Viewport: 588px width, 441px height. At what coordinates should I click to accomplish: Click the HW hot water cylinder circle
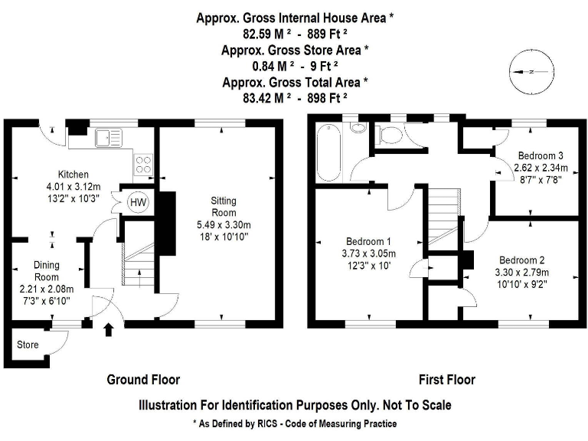(x=139, y=201)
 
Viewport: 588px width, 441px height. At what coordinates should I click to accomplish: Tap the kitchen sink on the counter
(x=106, y=138)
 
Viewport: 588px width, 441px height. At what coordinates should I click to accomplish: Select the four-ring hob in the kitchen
(x=144, y=162)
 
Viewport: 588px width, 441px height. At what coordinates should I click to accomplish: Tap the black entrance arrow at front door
(x=108, y=330)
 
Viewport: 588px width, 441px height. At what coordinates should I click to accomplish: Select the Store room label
(x=28, y=345)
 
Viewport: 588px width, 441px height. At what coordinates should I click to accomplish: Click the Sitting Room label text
(x=224, y=206)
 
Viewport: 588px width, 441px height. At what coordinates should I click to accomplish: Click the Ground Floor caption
(x=143, y=380)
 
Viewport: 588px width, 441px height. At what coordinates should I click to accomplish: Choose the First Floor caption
(x=446, y=380)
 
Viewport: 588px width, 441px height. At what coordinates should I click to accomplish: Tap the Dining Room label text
(x=46, y=271)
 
